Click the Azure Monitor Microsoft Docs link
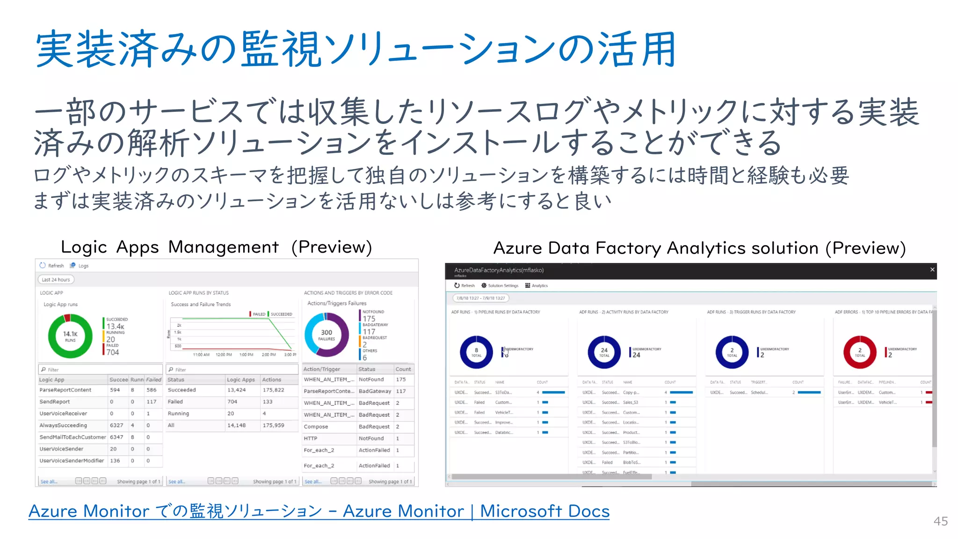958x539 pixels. tap(319, 511)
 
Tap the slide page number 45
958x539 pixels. tap(940, 521)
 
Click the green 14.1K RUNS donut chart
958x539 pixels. tap(70, 336)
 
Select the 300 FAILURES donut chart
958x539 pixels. tap(327, 335)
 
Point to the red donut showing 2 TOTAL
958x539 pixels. tap(860, 352)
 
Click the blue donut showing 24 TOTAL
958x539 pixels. tap(604, 352)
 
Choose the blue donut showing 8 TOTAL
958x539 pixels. tap(476, 352)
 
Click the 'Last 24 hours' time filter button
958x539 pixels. tap(56, 280)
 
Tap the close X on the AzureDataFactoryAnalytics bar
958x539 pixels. tap(932, 269)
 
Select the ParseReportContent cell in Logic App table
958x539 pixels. tap(65, 390)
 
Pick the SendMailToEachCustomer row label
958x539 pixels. tap(73, 437)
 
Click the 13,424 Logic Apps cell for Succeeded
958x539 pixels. tap(236, 390)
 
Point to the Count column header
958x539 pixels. tap(403, 369)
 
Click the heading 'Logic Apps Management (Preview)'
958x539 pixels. tap(216, 247)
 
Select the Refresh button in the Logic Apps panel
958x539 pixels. tap(52, 266)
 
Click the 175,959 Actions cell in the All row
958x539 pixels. tap(273, 425)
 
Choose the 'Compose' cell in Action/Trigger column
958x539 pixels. tap(316, 427)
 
